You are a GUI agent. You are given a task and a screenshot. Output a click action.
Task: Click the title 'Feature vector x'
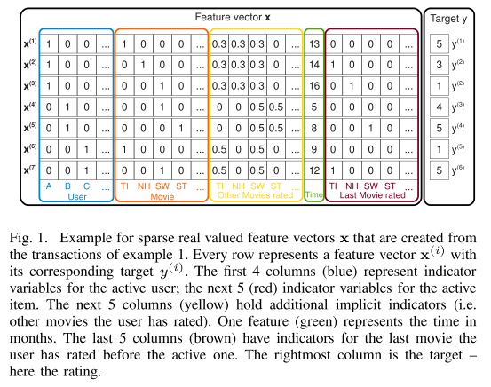233,17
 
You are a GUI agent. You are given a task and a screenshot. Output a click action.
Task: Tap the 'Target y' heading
448,19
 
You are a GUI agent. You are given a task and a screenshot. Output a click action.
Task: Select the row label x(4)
30,107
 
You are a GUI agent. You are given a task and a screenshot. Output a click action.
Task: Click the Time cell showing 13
314,44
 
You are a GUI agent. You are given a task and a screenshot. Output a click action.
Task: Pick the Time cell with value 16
314,86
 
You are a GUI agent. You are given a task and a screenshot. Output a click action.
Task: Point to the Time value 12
314,170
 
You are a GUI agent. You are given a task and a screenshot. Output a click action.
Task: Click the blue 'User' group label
77,197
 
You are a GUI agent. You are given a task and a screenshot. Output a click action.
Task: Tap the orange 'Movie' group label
162,197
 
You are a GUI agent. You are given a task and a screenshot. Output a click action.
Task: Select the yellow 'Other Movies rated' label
255,195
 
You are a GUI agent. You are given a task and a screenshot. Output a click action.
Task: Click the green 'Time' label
314,194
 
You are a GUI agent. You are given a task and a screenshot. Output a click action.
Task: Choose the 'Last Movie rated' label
372,195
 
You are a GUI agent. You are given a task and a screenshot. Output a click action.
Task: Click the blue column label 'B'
67,186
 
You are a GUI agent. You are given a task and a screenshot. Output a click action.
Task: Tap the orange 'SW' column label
162,186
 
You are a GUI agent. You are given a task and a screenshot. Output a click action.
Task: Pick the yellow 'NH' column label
238,186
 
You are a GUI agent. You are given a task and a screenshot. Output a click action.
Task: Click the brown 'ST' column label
390,186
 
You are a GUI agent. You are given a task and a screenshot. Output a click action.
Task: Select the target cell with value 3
439,65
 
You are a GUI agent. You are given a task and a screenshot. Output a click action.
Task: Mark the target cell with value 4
439,107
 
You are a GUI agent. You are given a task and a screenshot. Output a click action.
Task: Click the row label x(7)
30,170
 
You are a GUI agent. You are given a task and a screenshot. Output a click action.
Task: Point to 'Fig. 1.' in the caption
28,238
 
